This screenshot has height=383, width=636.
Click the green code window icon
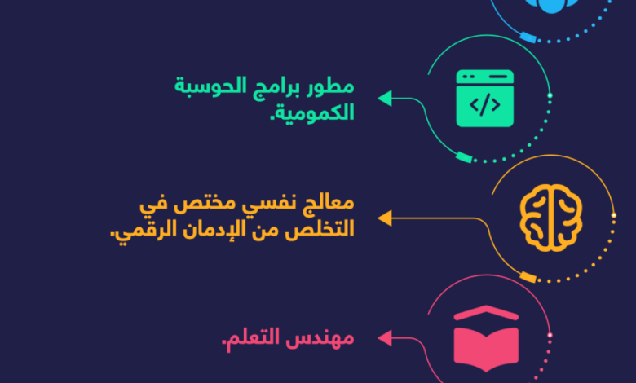[x=484, y=99]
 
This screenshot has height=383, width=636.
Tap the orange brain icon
[x=551, y=218]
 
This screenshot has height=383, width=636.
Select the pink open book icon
[x=486, y=338]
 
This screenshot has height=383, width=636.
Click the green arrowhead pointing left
[x=385, y=98]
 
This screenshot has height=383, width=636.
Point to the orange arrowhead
[x=385, y=218]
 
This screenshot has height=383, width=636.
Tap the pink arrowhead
[x=385, y=338]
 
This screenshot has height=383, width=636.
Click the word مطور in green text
[x=329, y=86]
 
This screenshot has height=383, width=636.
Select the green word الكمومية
[x=312, y=112]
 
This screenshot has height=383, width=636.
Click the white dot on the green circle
[x=550, y=95]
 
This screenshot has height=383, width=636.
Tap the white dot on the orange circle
[x=614, y=215]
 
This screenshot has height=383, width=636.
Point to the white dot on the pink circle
[x=550, y=335]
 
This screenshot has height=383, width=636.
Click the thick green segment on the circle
[x=464, y=157]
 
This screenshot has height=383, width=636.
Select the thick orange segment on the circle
[x=528, y=277]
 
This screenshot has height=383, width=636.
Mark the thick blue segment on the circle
[x=528, y=37]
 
